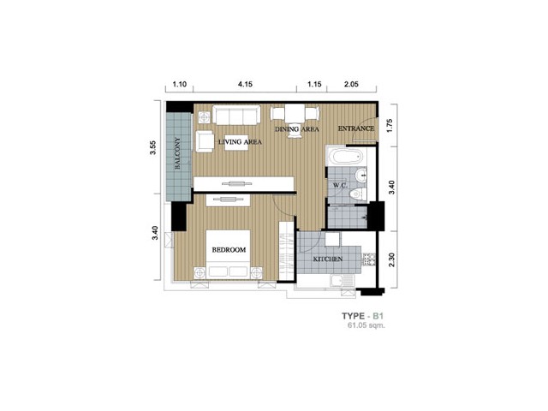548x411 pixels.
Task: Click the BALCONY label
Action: point(177,153)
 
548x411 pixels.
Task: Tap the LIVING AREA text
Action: point(240,142)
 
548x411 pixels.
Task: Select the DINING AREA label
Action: point(297,129)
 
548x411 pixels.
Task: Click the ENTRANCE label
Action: point(356,128)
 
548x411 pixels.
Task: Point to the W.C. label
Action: point(340,185)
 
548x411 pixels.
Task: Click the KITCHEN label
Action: point(327,259)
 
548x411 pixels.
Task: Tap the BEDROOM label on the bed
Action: point(229,250)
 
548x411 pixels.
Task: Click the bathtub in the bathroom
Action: point(346,156)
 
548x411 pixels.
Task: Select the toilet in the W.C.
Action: point(358,194)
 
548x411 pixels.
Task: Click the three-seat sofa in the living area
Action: point(236,115)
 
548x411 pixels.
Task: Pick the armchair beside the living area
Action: point(205,141)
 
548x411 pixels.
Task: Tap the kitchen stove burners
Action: point(369,259)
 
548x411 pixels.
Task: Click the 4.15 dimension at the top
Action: point(245,84)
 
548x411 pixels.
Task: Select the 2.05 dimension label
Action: point(351,84)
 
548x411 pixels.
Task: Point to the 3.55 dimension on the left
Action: point(152,148)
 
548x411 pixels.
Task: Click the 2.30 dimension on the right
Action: point(391,259)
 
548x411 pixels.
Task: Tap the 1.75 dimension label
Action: point(390,126)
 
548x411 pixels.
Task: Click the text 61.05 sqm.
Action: point(366,325)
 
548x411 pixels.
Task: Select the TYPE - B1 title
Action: point(363,316)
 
